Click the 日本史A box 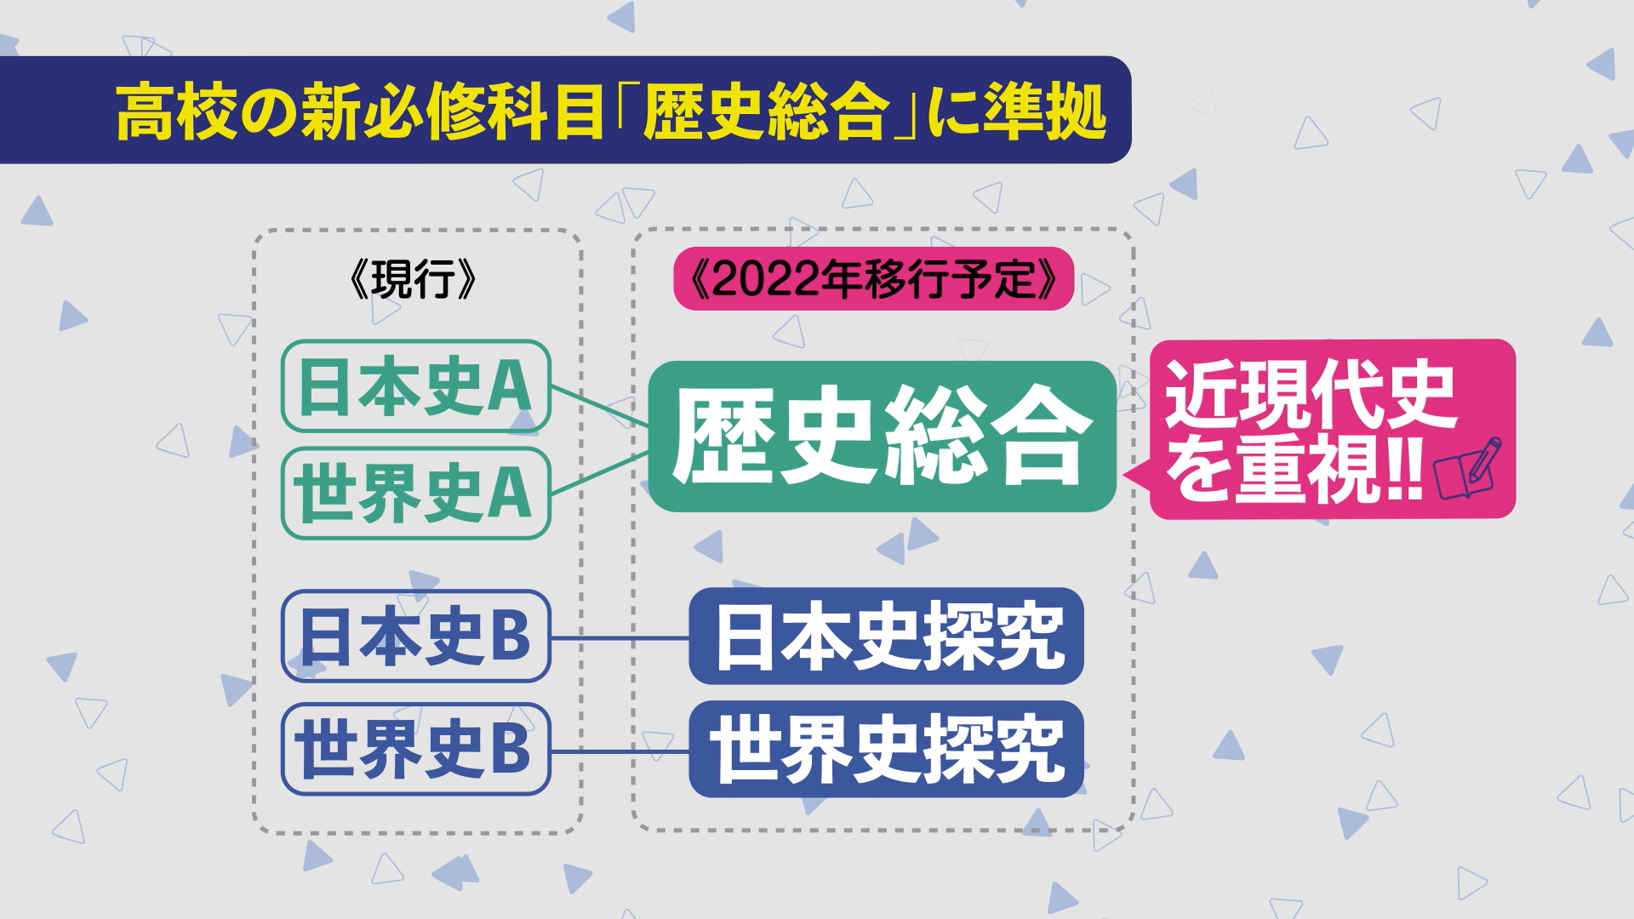[x=416, y=386]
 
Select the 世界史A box [x=416, y=494]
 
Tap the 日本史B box [x=416, y=636]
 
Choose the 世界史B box [x=416, y=749]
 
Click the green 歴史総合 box [x=882, y=437]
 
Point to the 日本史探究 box [x=886, y=636]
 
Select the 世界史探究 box [x=886, y=749]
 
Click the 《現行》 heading [x=414, y=278]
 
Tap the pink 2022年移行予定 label [x=874, y=278]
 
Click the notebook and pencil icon [x=1467, y=468]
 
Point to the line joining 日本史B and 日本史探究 [x=620, y=637]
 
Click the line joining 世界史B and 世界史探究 [x=620, y=751]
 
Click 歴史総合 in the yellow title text [x=766, y=111]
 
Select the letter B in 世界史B [x=510, y=748]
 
